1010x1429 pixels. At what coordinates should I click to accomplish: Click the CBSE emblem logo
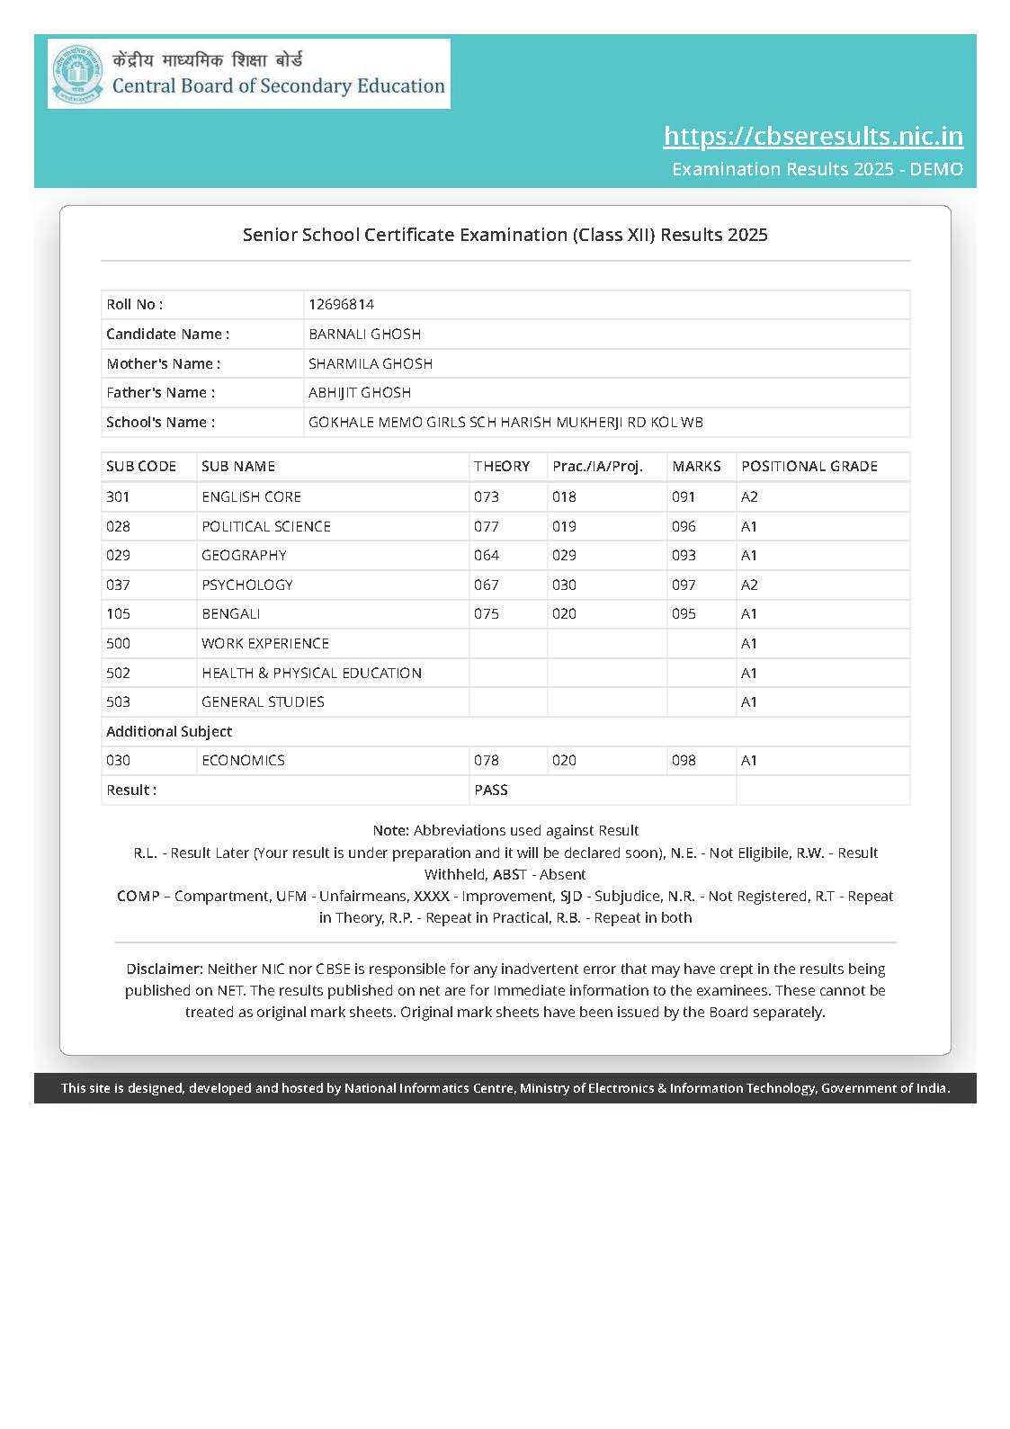tap(77, 74)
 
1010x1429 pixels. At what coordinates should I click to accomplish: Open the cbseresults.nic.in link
tap(813, 136)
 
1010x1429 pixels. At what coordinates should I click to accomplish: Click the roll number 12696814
tap(341, 305)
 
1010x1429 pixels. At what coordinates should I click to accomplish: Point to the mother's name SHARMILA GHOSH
tap(371, 364)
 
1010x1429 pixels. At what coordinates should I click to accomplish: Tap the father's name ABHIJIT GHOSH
tap(360, 393)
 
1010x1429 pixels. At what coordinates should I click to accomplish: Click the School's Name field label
tap(160, 423)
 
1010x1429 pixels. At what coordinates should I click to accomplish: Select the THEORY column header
tap(502, 467)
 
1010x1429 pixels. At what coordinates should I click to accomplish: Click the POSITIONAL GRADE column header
tap(809, 467)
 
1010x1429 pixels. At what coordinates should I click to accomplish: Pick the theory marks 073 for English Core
tap(487, 497)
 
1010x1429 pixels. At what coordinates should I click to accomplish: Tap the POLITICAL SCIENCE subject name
tap(266, 527)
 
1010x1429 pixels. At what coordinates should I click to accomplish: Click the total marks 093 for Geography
tap(684, 556)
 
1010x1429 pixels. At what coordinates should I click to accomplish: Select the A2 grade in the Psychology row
tap(749, 585)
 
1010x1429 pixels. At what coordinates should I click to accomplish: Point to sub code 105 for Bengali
tap(118, 614)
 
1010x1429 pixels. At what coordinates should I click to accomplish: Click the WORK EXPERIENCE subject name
tap(265, 644)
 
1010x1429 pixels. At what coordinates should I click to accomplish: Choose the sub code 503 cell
tap(118, 702)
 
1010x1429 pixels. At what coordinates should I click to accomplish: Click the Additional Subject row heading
tap(169, 732)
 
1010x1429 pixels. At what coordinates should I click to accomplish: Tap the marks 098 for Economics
tap(684, 761)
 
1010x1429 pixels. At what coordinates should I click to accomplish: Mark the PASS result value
tap(491, 790)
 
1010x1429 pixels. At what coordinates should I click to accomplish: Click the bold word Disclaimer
tap(165, 969)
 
